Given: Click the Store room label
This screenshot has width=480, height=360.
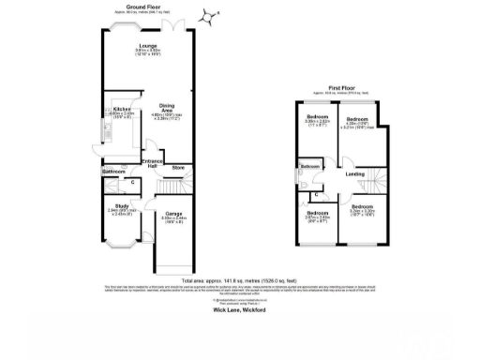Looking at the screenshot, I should pos(177,167).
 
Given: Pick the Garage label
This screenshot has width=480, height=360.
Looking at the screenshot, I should pos(172,214).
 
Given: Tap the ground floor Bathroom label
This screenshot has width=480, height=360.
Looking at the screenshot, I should pos(113,172).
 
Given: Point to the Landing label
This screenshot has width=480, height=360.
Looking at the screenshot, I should pos(354,173).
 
